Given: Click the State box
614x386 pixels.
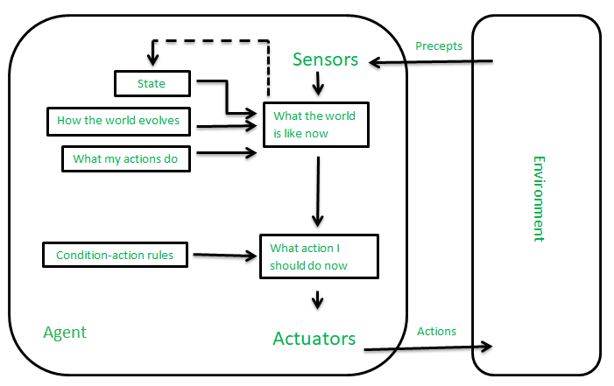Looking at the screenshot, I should pyautogui.click(x=152, y=84).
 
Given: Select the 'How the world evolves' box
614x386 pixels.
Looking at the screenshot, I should pyautogui.click(x=118, y=122).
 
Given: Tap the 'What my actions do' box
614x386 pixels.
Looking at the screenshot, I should pyautogui.click(x=125, y=158).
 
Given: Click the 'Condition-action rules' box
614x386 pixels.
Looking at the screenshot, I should pyautogui.click(x=115, y=256).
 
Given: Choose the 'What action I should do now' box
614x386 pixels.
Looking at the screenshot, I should pyautogui.click(x=319, y=256).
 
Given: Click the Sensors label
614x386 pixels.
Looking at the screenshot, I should pyautogui.click(x=325, y=60).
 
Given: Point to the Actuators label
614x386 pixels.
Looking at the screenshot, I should pyautogui.click(x=314, y=338).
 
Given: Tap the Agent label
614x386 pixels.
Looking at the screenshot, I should pyautogui.click(x=65, y=333).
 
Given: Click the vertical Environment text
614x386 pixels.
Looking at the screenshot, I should pyautogui.click(x=538, y=199).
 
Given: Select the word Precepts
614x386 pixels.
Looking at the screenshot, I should pyautogui.click(x=439, y=46).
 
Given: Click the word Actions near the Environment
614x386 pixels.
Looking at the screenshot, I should pyautogui.click(x=436, y=331).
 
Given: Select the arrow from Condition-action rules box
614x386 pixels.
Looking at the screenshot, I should pyautogui.click(x=225, y=256).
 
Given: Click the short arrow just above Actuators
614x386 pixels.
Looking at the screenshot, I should pyautogui.click(x=318, y=298).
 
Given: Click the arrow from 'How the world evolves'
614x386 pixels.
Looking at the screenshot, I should pyautogui.click(x=227, y=127).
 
